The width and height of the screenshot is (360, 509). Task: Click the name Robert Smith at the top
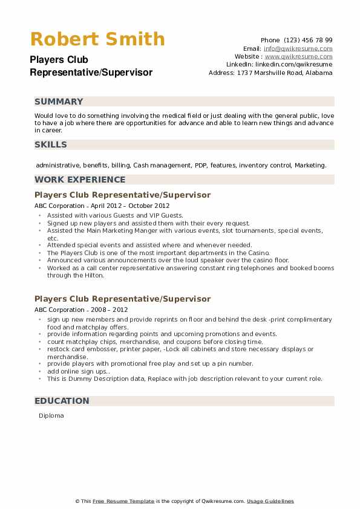97,39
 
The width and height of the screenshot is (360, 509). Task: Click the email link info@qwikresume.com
298,48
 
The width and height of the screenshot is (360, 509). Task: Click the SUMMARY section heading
59,102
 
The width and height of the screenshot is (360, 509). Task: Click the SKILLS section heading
51,144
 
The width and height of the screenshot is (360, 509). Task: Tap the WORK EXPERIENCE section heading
80,180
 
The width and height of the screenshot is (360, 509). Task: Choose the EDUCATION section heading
62,401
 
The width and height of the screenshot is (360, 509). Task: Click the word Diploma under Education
51,416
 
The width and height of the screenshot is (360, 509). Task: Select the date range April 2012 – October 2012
116,206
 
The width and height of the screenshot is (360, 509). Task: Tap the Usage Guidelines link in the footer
270,501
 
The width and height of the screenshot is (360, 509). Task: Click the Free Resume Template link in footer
124,501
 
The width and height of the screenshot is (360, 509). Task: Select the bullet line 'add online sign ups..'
78,371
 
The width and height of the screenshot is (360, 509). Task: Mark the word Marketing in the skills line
310,165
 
